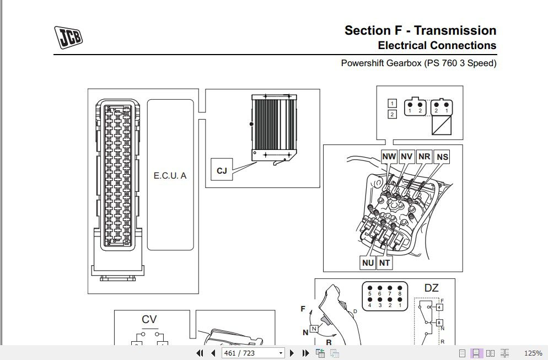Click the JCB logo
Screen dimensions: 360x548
pos(68,37)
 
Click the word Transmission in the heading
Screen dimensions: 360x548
pos(455,30)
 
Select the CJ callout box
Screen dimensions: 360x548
pos(222,171)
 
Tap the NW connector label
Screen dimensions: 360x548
pos(389,157)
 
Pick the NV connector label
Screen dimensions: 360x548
pos(407,157)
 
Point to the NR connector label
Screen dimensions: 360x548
pos(424,157)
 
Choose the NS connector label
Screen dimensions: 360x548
pos(442,157)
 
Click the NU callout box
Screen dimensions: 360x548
pos(368,263)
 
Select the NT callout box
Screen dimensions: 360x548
pos(385,263)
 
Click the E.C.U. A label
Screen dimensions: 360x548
pos(170,176)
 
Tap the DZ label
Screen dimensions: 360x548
pos(431,287)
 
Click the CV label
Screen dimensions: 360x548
pos(149,319)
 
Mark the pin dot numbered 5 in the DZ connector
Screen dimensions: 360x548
pos(370,288)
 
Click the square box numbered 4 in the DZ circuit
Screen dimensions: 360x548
pos(439,307)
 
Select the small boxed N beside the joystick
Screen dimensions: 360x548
pos(314,329)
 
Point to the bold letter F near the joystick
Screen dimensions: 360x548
pos(303,309)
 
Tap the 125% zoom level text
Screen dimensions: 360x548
pos(533,353)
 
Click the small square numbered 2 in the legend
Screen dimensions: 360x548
pos(392,115)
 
